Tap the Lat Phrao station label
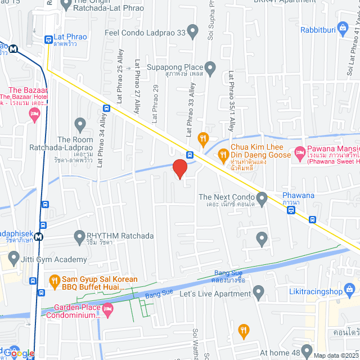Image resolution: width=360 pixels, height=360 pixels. coord(70,37)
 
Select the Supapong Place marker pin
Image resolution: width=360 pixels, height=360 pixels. coord(211,69)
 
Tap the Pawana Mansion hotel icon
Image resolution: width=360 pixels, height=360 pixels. coord(300,154)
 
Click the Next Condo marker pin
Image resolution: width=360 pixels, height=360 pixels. coord(262,197)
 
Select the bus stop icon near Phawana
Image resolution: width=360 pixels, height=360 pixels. coord(290,210)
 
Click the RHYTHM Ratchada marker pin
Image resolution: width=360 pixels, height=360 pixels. coord(78,236)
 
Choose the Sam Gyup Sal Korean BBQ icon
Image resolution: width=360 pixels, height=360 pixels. coord(54,280)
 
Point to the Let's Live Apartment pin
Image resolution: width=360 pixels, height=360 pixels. coord(258,292)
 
